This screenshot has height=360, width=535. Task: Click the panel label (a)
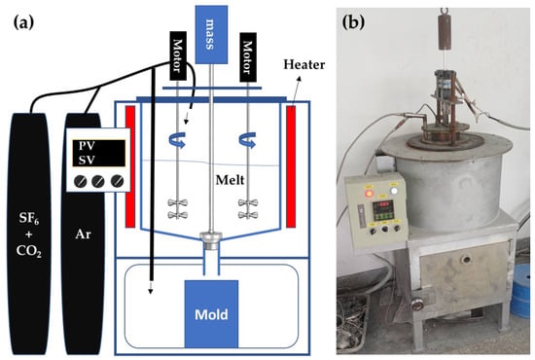coord(23,23)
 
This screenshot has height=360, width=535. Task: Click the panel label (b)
coord(353,22)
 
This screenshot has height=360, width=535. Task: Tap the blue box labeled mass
coord(211,34)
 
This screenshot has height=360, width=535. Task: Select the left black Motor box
coord(178,55)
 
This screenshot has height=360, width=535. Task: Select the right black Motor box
coord(248,57)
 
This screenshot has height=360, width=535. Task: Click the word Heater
coord(304,64)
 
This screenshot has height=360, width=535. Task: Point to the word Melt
coord(230,180)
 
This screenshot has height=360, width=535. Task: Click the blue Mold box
coord(211,314)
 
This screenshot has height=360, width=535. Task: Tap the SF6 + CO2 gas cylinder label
coord(28,234)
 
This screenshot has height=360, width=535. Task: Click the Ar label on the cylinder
coord(84,234)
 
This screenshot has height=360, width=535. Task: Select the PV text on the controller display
coord(87,146)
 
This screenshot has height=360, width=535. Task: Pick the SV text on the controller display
coord(87,160)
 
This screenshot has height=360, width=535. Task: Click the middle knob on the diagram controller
coord(98,181)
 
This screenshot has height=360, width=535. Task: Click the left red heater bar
coord(130,166)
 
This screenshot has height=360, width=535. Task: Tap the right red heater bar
coord(291,166)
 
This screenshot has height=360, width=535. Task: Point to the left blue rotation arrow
coord(177,140)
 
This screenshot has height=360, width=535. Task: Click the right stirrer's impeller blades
coord(248,208)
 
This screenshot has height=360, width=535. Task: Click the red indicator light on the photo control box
coord(369,194)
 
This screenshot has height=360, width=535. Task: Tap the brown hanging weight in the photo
coord(445,31)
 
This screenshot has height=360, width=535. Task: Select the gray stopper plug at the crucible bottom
coord(211,240)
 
